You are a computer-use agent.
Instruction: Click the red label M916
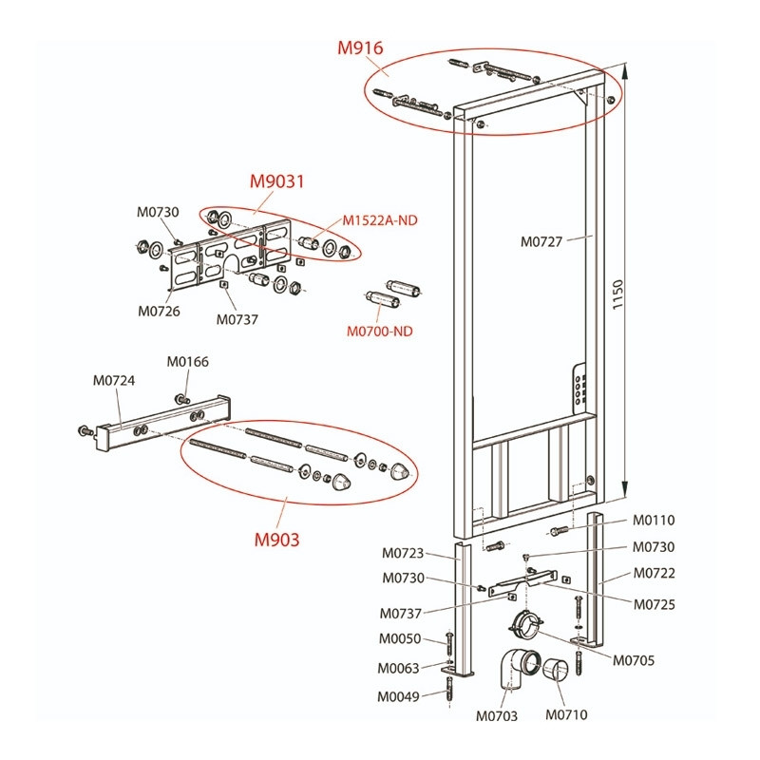click(x=360, y=48)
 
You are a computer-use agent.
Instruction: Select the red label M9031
click(x=276, y=181)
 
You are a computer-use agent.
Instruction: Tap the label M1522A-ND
click(x=380, y=220)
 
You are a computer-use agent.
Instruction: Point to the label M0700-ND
click(x=379, y=332)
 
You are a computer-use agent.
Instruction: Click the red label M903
click(x=276, y=540)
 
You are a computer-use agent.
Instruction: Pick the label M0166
click(x=187, y=362)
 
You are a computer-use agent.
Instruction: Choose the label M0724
click(x=114, y=381)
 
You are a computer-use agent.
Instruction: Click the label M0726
click(x=159, y=312)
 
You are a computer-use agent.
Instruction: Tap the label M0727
click(x=541, y=241)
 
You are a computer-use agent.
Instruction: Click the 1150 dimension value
click(x=617, y=294)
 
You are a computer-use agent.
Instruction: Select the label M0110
click(x=654, y=520)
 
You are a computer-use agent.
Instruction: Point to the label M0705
click(x=634, y=660)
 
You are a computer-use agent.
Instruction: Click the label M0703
click(x=497, y=716)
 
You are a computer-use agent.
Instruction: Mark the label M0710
click(x=566, y=714)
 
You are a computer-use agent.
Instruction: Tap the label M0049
click(x=398, y=697)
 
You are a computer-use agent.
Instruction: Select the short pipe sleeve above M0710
click(x=556, y=670)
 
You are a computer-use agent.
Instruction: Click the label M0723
click(x=403, y=553)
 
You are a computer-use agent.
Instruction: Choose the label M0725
click(x=655, y=604)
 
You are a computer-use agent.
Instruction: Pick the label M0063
click(x=398, y=669)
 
